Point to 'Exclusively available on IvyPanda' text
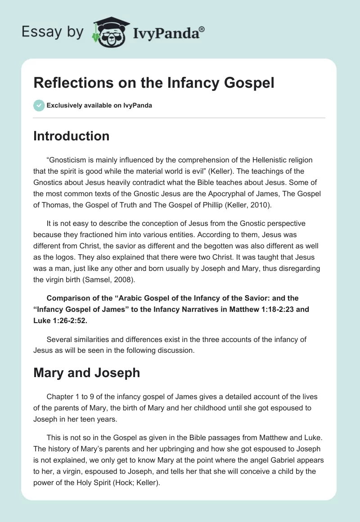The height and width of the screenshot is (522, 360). coord(99,106)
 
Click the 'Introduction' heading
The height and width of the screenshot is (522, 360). coord(71,136)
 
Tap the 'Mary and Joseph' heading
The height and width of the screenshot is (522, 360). coord(86,373)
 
